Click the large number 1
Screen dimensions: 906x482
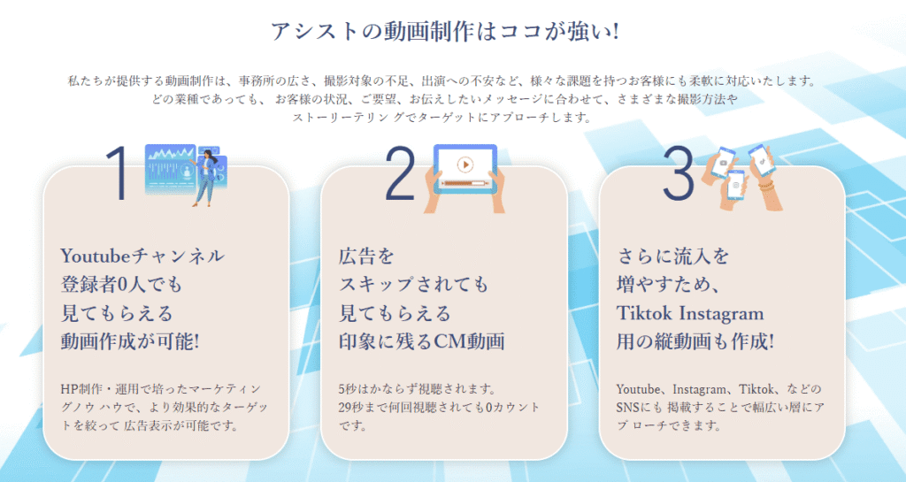pyautogui.click(x=119, y=172)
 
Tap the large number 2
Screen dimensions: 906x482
pyautogui.click(x=400, y=172)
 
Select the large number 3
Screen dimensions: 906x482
pyautogui.click(x=678, y=172)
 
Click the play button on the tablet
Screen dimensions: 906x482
pyautogui.click(x=465, y=164)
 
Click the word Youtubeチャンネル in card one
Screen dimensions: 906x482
pyautogui.click(x=142, y=255)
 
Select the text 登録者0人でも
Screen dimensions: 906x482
pyautogui.click(x=121, y=284)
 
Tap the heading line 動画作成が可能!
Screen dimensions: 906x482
pyautogui.click(x=130, y=341)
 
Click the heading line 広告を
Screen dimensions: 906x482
pyautogui.click(x=366, y=255)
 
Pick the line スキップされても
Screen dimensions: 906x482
pyautogui.click(x=414, y=284)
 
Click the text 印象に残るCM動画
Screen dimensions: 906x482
pyautogui.click(x=422, y=341)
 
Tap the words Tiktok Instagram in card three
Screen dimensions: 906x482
pyautogui.click(x=690, y=313)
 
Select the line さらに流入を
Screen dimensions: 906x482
pyautogui.click(x=673, y=255)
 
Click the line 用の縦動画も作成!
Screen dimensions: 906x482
pyautogui.click(x=695, y=341)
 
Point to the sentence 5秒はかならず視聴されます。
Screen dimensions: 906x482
pyautogui.click(x=418, y=388)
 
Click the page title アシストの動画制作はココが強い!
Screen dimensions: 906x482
pyautogui.click(x=445, y=31)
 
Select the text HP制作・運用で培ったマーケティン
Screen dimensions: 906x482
pyautogui.click(x=161, y=388)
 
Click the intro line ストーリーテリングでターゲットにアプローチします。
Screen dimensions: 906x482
pyautogui.click(x=442, y=117)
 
